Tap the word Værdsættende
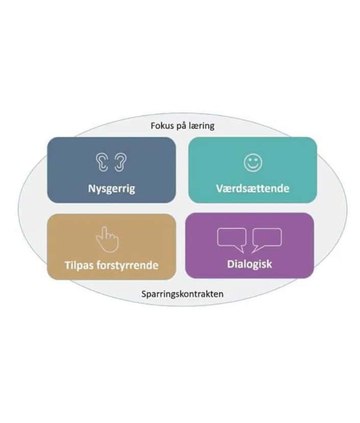252,188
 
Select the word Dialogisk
250,265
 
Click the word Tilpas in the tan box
79,266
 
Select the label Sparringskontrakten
183,294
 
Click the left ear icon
102,163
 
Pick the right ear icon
120,163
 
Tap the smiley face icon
253,163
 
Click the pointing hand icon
108,240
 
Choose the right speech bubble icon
267,241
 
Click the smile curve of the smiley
253,167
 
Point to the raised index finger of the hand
105,231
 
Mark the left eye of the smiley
250,160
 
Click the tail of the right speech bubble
256,249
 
